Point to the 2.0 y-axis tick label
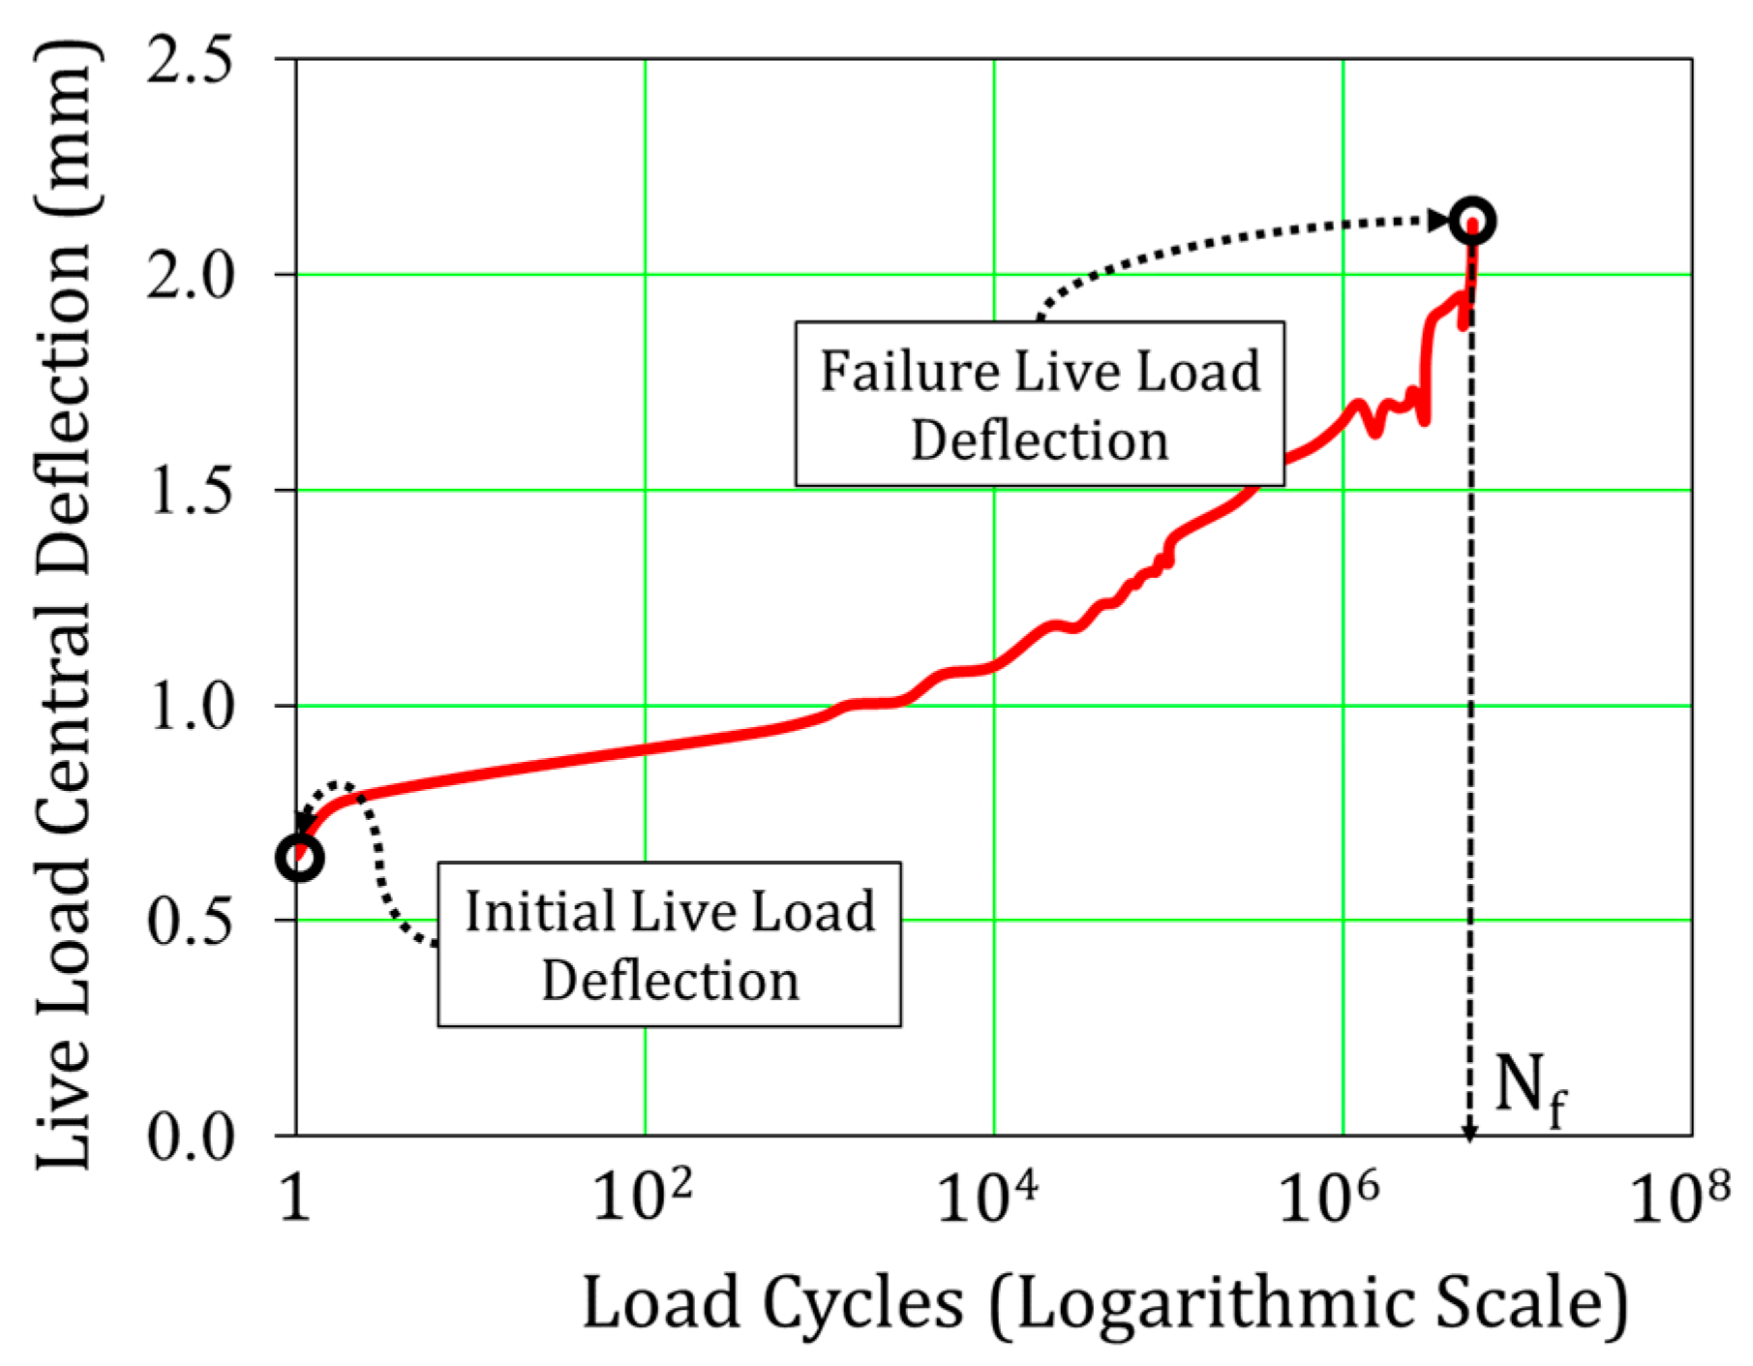(190, 277)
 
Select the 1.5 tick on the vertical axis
(190, 492)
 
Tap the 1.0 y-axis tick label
(190, 707)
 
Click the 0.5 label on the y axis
(190, 921)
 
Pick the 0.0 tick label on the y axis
(190, 1136)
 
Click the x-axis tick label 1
(295, 1199)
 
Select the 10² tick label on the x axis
(642, 1197)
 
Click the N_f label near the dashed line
(1529, 1089)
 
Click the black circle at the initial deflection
(299, 858)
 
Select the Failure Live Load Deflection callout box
(1040, 404)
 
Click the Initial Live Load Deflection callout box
(669, 944)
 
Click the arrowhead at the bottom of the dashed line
(1469, 1134)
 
